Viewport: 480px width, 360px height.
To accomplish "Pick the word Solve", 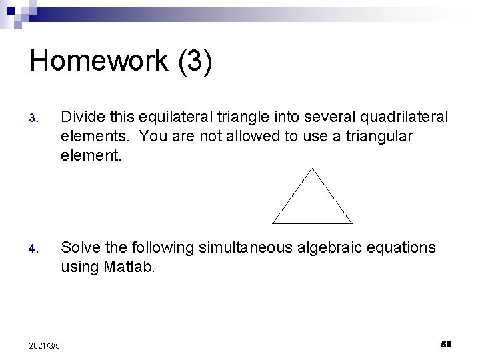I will (81, 248).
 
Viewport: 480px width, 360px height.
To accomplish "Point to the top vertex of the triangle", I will (312, 167).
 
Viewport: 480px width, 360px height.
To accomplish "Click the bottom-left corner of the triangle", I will (273, 223).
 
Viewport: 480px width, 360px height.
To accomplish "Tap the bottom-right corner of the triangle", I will (351, 223).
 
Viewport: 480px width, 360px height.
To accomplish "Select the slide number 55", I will (446, 344).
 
